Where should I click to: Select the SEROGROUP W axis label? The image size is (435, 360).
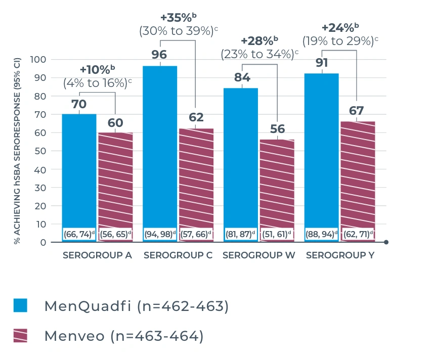259,255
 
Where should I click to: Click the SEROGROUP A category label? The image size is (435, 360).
97,255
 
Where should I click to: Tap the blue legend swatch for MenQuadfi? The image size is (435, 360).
20,305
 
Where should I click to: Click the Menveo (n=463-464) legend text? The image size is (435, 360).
124,336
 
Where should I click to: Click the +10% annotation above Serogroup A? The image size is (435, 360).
98,69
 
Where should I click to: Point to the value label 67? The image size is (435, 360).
358,111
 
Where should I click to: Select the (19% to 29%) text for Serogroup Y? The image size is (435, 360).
340,40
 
